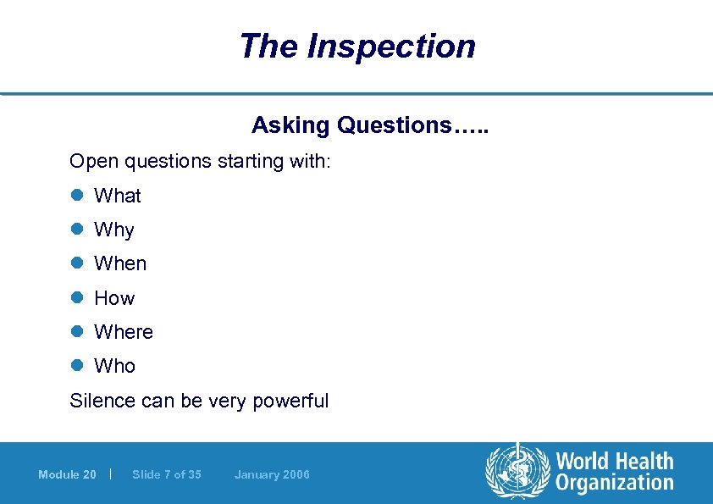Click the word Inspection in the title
(390, 46)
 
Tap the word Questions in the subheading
(394, 125)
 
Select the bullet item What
(118, 196)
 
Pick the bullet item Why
(114, 230)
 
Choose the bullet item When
(120, 263)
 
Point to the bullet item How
(114, 298)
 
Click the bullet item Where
(124, 332)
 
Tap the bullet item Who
(115, 366)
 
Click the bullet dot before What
(76, 196)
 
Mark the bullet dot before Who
(76, 366)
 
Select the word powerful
(291, 401)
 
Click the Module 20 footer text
(67, 474)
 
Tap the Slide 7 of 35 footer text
(167, 474)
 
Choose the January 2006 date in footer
(272, 474)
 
